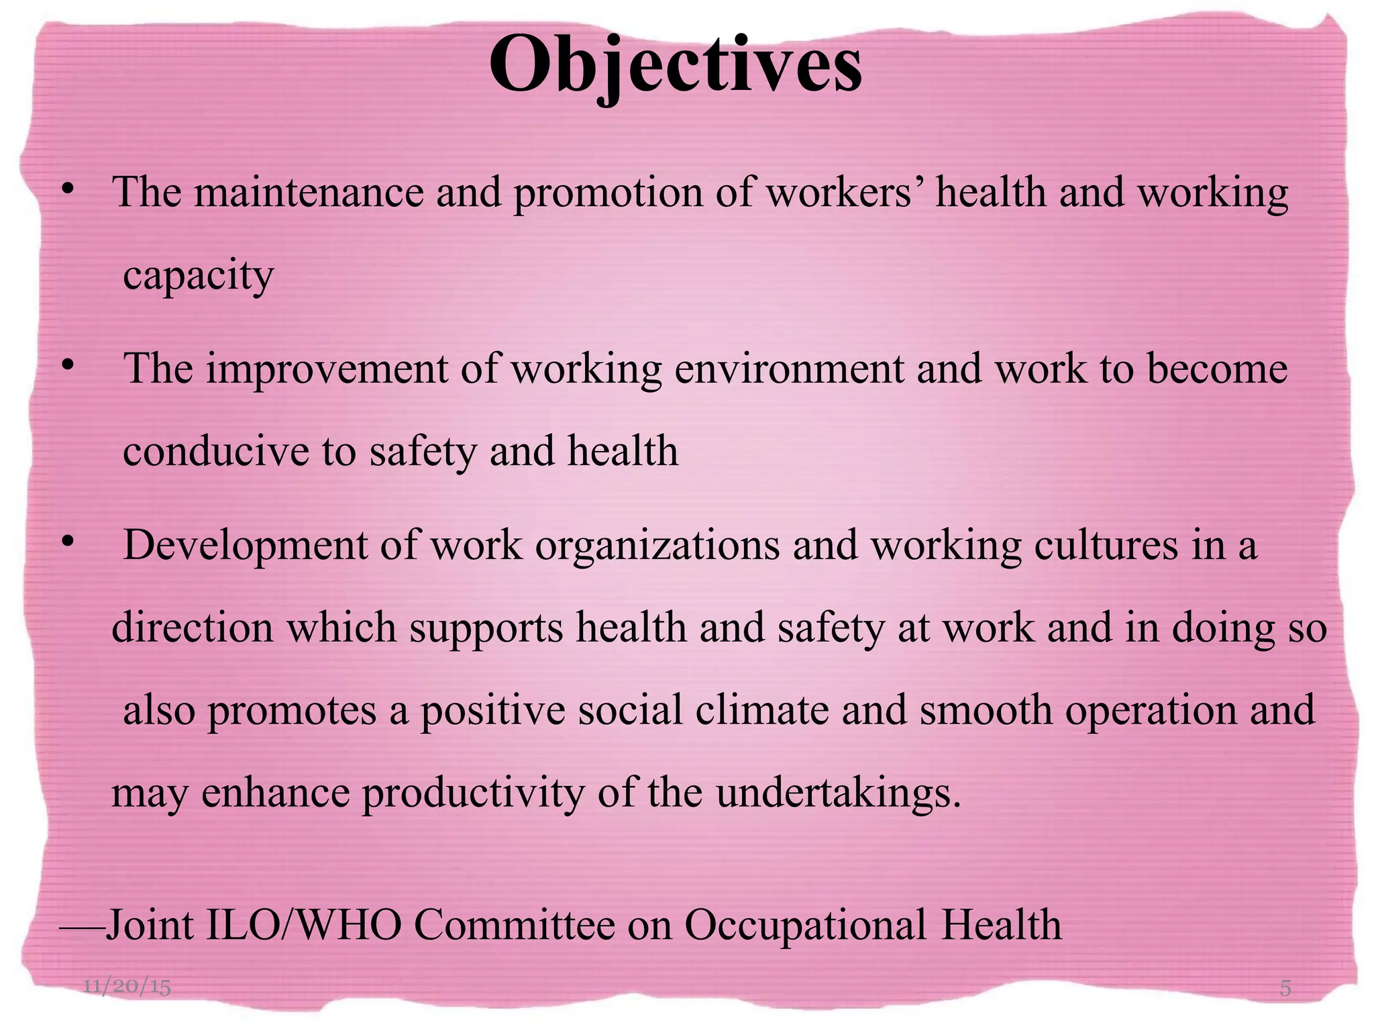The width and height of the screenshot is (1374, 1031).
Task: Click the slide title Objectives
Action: [676, 66]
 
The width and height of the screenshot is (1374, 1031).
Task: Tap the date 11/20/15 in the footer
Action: [127, 986]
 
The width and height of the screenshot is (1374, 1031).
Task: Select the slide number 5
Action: [1285, 988]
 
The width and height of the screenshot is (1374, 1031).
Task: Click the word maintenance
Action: [309, 193]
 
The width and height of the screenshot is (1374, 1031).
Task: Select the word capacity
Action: [199, 276]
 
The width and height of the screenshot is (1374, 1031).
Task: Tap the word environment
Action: [789, 369]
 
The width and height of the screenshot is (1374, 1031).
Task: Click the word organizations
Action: [657, 545]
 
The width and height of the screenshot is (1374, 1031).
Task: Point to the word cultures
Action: [1106, 545]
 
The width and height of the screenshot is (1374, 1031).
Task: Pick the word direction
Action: [193, 628]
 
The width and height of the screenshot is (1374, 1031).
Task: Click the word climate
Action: [762, 710]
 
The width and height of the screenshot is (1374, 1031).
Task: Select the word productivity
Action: [473, 793]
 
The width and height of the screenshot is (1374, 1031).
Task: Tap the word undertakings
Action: [839, 793]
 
